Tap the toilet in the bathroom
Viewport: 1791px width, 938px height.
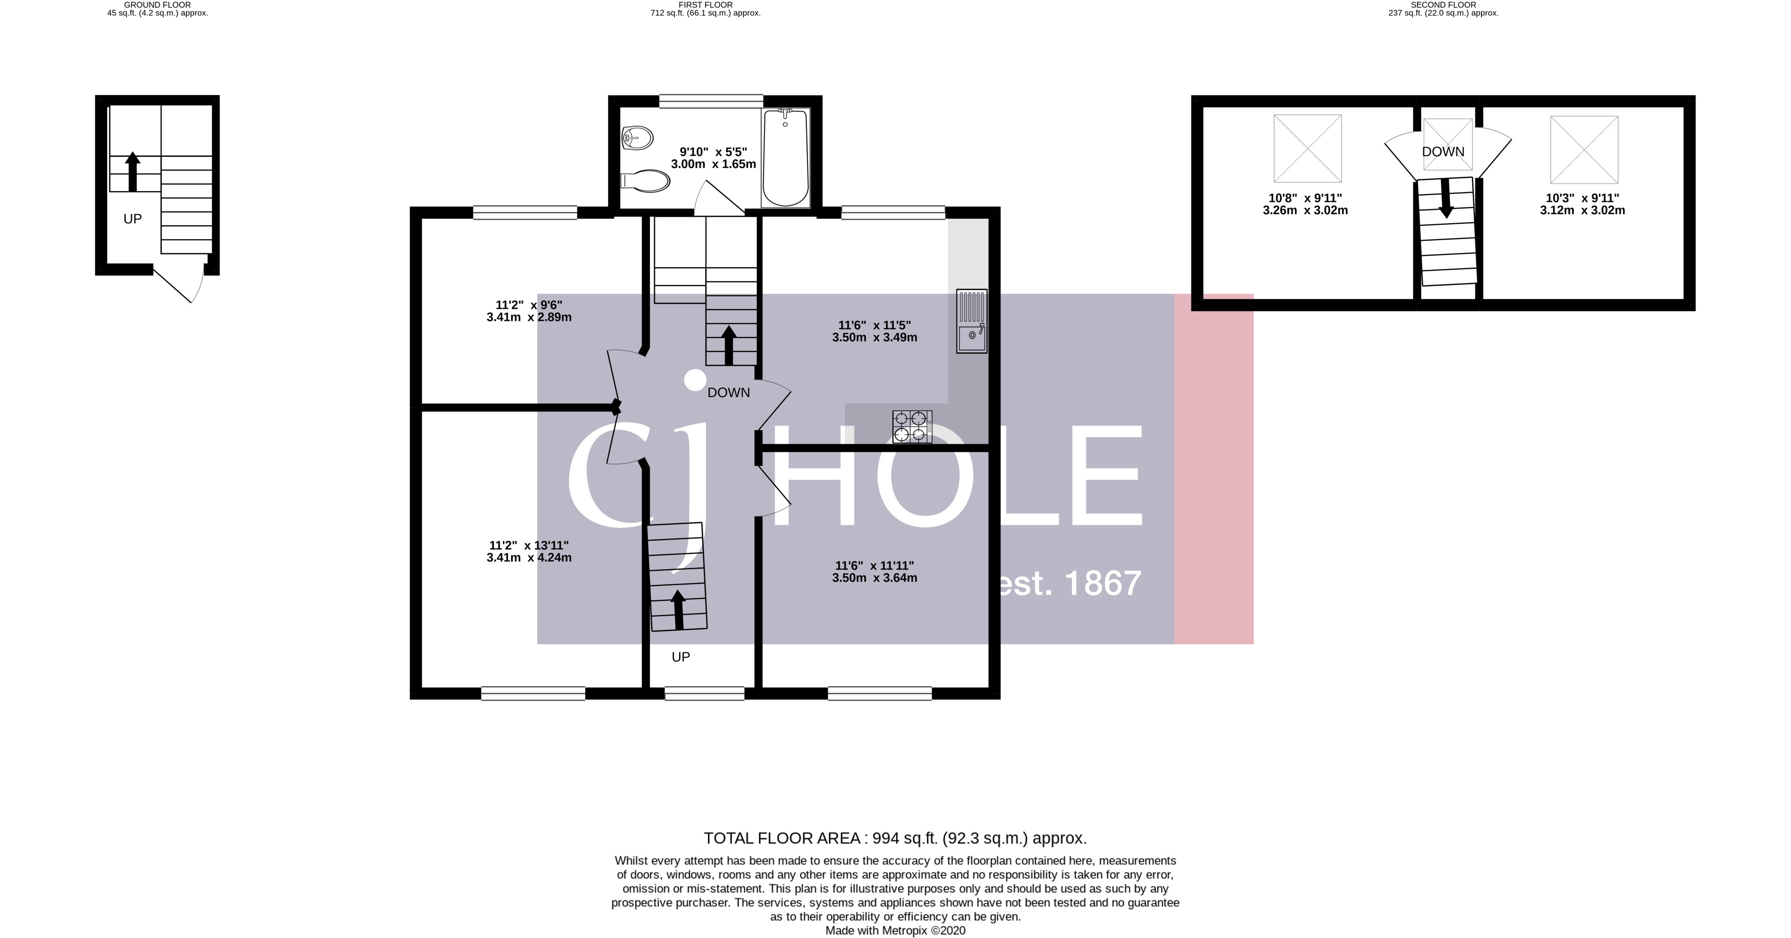647,181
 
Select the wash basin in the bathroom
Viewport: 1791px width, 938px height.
636,137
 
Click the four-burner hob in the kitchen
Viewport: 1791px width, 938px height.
912,426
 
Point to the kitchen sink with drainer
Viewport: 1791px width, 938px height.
971,321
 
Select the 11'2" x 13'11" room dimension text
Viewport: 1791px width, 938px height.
529,551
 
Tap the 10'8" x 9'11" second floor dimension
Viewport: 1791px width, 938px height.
1305,204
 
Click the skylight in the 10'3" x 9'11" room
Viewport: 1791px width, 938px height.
1584,150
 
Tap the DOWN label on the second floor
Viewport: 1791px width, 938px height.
1443,152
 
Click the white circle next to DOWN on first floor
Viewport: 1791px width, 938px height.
695,380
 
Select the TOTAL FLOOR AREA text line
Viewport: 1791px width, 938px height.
895,838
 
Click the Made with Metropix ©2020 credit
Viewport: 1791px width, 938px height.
895,930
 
